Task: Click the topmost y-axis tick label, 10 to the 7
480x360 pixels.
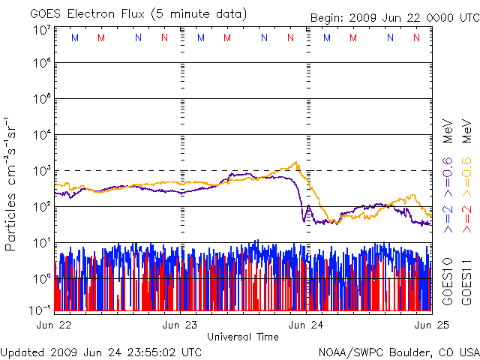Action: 41,29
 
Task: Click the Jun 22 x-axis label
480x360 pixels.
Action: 55,325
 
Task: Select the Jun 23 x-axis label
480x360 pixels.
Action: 181,325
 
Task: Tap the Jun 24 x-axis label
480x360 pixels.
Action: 307,325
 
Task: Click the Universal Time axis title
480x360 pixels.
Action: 242,337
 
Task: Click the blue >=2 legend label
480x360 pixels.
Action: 448,217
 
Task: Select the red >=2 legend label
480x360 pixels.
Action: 467,217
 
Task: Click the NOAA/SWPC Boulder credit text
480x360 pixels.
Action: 398,351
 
